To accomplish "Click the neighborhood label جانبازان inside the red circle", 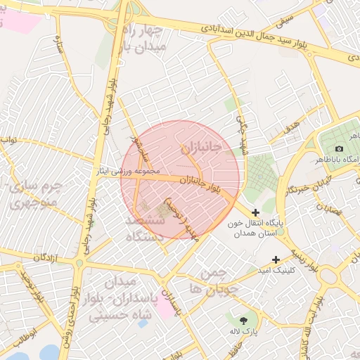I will pyautogui.click(x=200, y=147).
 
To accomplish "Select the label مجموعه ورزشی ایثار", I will pyautogui.click(x=131, y=171).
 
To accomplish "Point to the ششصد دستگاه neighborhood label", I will pyautogui.click(x=144, y=229).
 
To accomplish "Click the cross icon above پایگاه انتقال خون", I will pyautogui.click(x=255, y=212).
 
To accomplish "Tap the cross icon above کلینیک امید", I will pyautogui.click(x=276, y=259).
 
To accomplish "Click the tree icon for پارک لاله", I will pyautogui.click(x=244, y=320).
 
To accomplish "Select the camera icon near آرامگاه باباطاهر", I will pyautogui.click(x=340, y=148).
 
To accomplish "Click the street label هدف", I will pyautogui.click(x=290, y=127).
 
